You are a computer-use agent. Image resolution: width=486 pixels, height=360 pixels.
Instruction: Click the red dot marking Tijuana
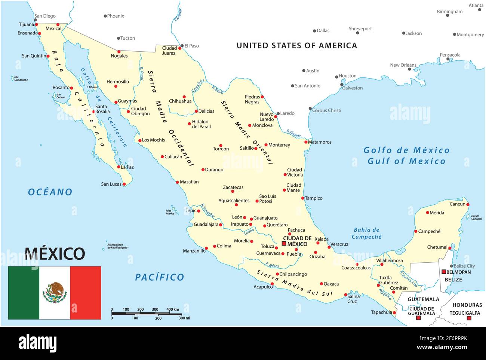pyautogui.click(x=37, y=25)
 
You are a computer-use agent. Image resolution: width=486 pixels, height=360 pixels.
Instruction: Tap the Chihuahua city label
pyautogui.click(x=180, y=101)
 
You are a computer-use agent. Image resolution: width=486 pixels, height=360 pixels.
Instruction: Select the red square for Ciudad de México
pyautogui.click(x=284, y=244)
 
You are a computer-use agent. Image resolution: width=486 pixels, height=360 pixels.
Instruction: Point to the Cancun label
pyautogui.click(x=457, y=204)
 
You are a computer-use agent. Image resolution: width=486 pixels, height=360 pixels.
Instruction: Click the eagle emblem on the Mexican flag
pyautogui.click(x=55, y=293)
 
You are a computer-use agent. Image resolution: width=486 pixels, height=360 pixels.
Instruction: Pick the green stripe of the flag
pyautogui.click(x=24, y=293)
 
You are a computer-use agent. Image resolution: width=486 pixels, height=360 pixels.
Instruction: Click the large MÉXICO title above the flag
pyautogui.click(x=55, y=254)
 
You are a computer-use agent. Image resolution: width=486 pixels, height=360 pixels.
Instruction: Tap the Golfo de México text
pyautogui.click(x=406, y=150)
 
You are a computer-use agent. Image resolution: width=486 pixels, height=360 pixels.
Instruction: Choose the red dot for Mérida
pyautogui.click(x=428, y=213)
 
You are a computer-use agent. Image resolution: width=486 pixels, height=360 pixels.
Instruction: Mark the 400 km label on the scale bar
pyautogui.click(x=173, y=309)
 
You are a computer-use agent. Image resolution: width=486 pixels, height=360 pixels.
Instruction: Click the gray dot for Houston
pyautogui.click(x=336, y=77)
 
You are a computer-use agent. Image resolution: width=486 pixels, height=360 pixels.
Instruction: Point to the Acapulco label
pyautogui.click(x=263, y=287)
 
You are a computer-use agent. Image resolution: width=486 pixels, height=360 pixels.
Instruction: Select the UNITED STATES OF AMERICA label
pyautogui.click(x=297, y=46)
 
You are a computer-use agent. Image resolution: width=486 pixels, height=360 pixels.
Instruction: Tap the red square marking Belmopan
pyautogui.click(x=444, y=272)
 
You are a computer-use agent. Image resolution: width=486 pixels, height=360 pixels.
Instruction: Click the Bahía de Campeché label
pyautogui.click(x=366, y=233)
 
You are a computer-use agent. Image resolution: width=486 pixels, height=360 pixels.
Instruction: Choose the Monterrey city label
pyautogui.click(x=279, y=145)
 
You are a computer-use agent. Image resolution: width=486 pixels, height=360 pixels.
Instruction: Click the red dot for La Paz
pyautogui.click(x=119, y=167)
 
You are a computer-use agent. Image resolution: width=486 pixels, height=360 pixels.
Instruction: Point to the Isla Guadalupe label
pyautogui.click(x=21, y=78)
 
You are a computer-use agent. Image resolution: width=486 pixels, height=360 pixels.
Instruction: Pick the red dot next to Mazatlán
pyautogui.click(x=178, y=182)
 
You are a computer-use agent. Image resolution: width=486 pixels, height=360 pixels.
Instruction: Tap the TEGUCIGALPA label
pyautogui.click(x=465, y=313)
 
